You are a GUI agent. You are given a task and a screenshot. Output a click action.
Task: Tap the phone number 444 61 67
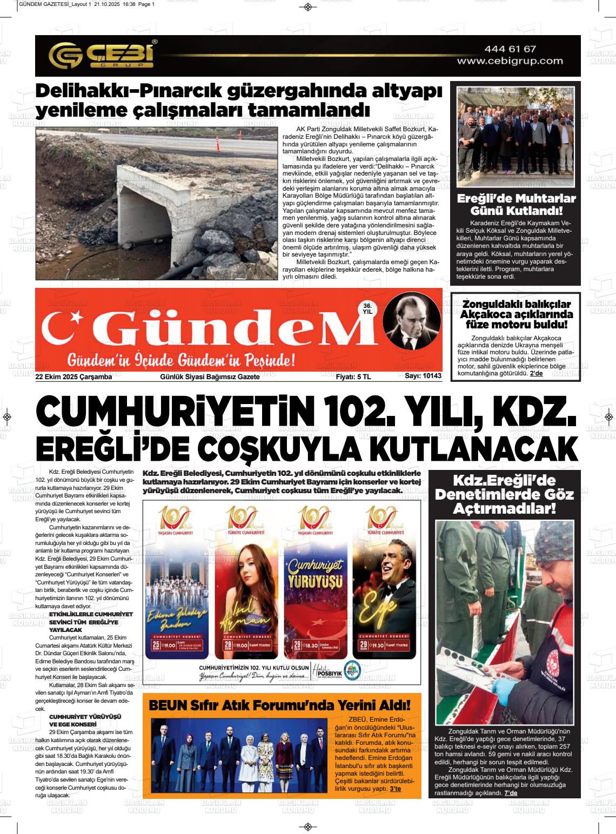click(x=510, y=49)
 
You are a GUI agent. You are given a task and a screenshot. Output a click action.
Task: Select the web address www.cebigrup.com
click(x=510, y=62)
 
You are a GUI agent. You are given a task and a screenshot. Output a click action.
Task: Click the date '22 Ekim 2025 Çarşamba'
click(x=73, y=377)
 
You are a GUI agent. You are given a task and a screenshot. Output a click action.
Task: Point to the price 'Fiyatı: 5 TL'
click(x=353, y=377)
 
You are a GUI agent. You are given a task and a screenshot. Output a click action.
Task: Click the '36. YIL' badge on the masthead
click(x=367, y=308)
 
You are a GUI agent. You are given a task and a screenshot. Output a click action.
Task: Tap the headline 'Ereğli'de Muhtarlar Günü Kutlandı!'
click(x=516, y=204)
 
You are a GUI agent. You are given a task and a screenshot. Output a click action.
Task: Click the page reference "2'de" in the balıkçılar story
click(x=536, y=373)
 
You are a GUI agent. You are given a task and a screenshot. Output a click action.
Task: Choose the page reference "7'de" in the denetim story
click(x=511, y=793)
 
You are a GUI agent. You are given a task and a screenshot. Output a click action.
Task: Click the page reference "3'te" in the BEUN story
click(x=396, y=789)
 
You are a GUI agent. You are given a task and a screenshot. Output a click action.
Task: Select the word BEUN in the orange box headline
click(x=166, y=705)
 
